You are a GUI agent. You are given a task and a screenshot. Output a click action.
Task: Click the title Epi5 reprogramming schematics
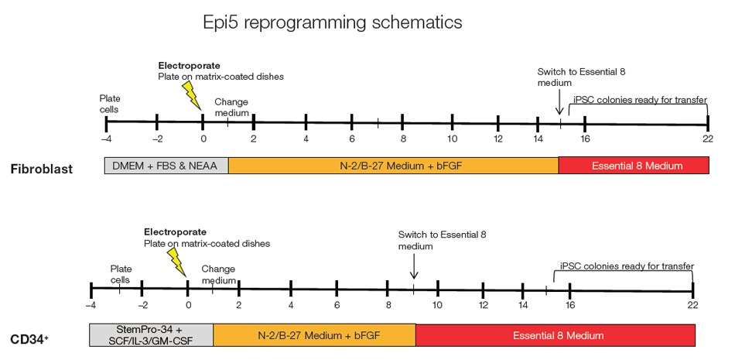[332, 22]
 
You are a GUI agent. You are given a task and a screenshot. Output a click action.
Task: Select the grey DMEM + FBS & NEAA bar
[166, 164]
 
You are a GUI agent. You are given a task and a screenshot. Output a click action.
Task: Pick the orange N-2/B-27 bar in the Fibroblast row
[393, 164]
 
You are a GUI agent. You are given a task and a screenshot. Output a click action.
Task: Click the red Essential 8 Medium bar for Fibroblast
[633, 164]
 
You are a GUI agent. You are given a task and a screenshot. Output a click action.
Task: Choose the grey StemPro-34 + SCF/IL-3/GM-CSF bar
[152, 334]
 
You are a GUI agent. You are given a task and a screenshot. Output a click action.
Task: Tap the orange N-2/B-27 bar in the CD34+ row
[314, 334]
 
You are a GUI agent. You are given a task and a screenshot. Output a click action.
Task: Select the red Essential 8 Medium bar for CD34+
[555, 334]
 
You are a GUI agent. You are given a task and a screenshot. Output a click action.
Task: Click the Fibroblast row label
[43, 169]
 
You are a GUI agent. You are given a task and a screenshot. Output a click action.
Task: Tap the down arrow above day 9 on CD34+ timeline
[414, 267]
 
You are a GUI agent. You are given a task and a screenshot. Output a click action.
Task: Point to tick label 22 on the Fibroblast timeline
[707, 139]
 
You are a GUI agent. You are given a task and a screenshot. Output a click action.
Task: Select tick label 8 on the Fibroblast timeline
[402, 139]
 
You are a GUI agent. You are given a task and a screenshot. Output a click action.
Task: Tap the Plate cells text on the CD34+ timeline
[121, 273]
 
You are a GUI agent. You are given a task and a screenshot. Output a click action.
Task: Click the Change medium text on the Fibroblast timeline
[232, 107]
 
